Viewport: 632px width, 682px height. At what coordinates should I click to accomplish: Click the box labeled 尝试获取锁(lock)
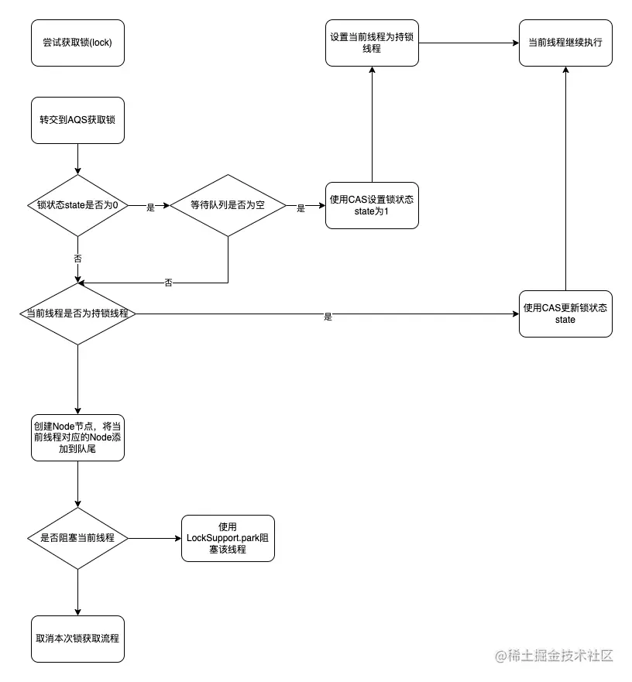tap(77, 43)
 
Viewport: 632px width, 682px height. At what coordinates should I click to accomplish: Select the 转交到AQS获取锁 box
tap(77, 120)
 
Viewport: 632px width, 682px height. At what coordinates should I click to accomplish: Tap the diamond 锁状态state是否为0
tap(77, 205)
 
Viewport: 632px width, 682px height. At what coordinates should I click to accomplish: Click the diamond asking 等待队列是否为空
tap(227, 205)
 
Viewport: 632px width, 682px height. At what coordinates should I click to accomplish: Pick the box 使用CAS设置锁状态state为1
tap(372, 205)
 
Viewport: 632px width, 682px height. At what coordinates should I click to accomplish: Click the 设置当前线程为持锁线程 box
tap(372, 43)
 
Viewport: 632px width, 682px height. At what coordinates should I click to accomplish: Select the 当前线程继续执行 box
tap(565, 43)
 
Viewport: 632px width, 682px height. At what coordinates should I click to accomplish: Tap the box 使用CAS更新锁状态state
tap(565, 314)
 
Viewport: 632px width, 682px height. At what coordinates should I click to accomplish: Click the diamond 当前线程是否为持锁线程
tap(77, 314)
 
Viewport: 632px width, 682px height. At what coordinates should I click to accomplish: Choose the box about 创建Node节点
tap(77, 437)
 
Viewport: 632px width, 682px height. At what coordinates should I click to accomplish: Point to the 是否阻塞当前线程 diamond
tap(77, 538)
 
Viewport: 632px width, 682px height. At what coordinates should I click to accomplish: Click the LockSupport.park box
tap(227, 538)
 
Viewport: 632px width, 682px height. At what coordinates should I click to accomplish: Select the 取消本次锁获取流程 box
tap(77, 639)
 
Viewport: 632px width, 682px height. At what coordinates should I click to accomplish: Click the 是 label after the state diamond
tap(150, 207)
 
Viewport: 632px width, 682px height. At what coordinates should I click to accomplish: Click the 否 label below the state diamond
tap(77, 258)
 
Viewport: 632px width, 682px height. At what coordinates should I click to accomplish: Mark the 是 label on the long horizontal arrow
tap(328, 317)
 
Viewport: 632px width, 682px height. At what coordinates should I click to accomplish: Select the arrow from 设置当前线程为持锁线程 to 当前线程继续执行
tap(469, 43)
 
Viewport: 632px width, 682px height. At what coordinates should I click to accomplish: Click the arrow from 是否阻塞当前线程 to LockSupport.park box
tap(155, 538)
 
